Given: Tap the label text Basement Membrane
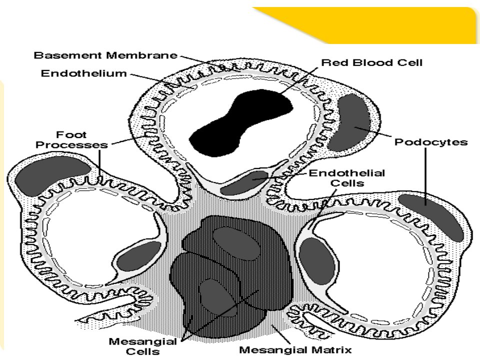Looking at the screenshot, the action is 105,55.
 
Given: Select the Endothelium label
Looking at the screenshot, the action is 84,73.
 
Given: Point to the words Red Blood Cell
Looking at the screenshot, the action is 371,63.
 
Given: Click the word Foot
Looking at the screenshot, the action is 71,134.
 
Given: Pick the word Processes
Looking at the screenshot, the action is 71,145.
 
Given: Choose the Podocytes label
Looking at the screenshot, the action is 431,142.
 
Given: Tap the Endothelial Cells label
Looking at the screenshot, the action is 347,178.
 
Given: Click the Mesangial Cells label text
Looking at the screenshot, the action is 142,346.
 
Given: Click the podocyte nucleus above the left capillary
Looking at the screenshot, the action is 52,177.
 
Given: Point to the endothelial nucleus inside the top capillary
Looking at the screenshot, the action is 246,182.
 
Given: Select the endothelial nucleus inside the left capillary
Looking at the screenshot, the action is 138,257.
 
